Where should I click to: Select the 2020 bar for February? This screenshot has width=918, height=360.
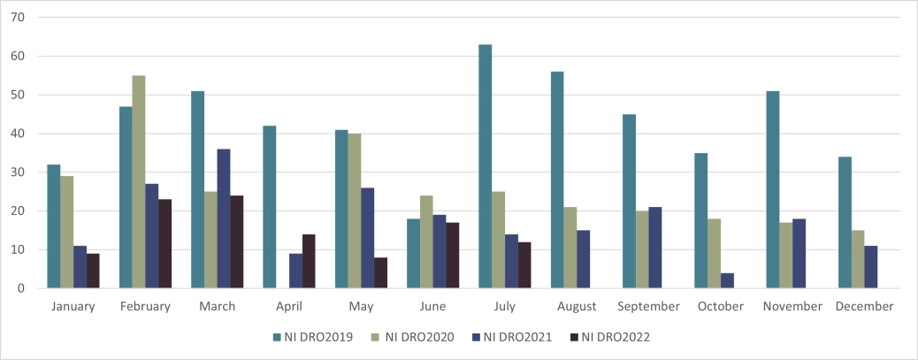coord(139,182)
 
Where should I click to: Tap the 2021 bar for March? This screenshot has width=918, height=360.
coord(224,218)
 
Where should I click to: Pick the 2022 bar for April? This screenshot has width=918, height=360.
coord(309,261)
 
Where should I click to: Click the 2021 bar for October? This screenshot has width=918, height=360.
coord(728,280)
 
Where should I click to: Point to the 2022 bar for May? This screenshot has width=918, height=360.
coord(380,272)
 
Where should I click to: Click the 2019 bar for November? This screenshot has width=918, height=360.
coord(773,189)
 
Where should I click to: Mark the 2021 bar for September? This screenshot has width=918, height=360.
coord(656,248)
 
